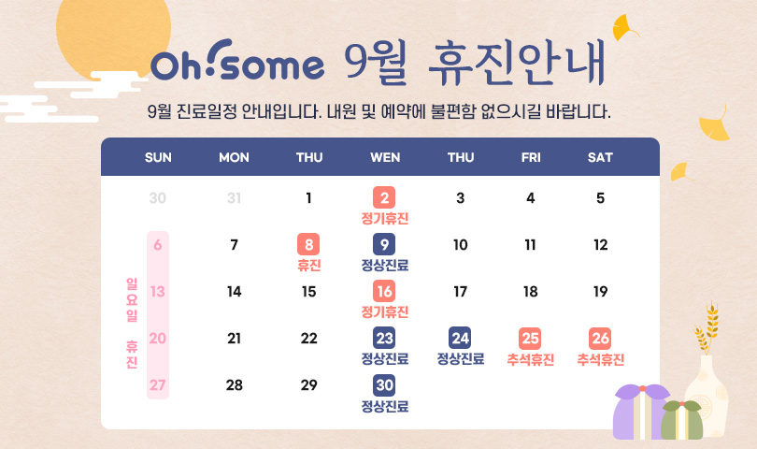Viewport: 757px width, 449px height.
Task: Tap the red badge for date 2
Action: point(384,197)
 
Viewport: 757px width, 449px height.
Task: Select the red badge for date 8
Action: point(308,244)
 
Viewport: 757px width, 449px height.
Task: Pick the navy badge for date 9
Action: point(384,244)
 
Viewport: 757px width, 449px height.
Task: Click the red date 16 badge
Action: point(384,292)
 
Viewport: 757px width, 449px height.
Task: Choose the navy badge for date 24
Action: point(460,339)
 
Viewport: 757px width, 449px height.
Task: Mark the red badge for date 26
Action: point(600,339)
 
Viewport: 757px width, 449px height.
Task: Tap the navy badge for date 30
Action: point(384,385)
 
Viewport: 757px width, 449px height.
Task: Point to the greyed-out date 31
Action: point(235,197)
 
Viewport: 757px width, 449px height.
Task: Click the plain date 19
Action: point(601,292)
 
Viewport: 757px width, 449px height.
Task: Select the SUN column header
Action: point(158,157)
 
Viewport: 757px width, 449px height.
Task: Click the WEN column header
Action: point(385,157)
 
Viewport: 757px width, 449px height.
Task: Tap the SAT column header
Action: point(600,157)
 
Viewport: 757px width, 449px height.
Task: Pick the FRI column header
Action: point(531,157)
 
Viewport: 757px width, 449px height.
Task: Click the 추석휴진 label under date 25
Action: point(531,359)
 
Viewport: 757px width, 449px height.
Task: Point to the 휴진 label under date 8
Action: point(309,266)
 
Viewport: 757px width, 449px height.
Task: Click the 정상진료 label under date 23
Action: point(385,359)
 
